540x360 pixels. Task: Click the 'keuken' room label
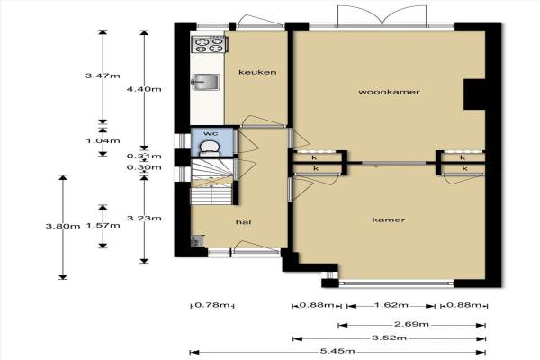(257, 72)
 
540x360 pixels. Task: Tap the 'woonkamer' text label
(389, 92)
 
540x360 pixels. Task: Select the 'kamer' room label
(389, 220)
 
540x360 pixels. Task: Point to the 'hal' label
(244, 222)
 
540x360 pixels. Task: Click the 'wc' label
(211, 133)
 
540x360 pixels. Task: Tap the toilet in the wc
(210, 148)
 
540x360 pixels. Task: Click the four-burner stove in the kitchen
(210, 44)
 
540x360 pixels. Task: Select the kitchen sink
(205, 82)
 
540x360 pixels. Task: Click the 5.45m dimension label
(337, 352)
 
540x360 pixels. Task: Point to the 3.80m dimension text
(63, 226)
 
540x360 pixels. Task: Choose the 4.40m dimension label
(144, 89)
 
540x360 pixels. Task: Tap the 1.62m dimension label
(391, 305)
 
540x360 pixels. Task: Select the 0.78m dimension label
(212, 305)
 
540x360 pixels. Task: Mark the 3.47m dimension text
(103, 76)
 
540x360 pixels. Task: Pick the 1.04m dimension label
(103, 141)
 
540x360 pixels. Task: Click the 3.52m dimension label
(389, 338)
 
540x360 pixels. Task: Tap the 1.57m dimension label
(103, 226)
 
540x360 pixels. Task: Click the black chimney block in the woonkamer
(474, 94)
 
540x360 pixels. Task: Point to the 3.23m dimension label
(144, 219)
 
